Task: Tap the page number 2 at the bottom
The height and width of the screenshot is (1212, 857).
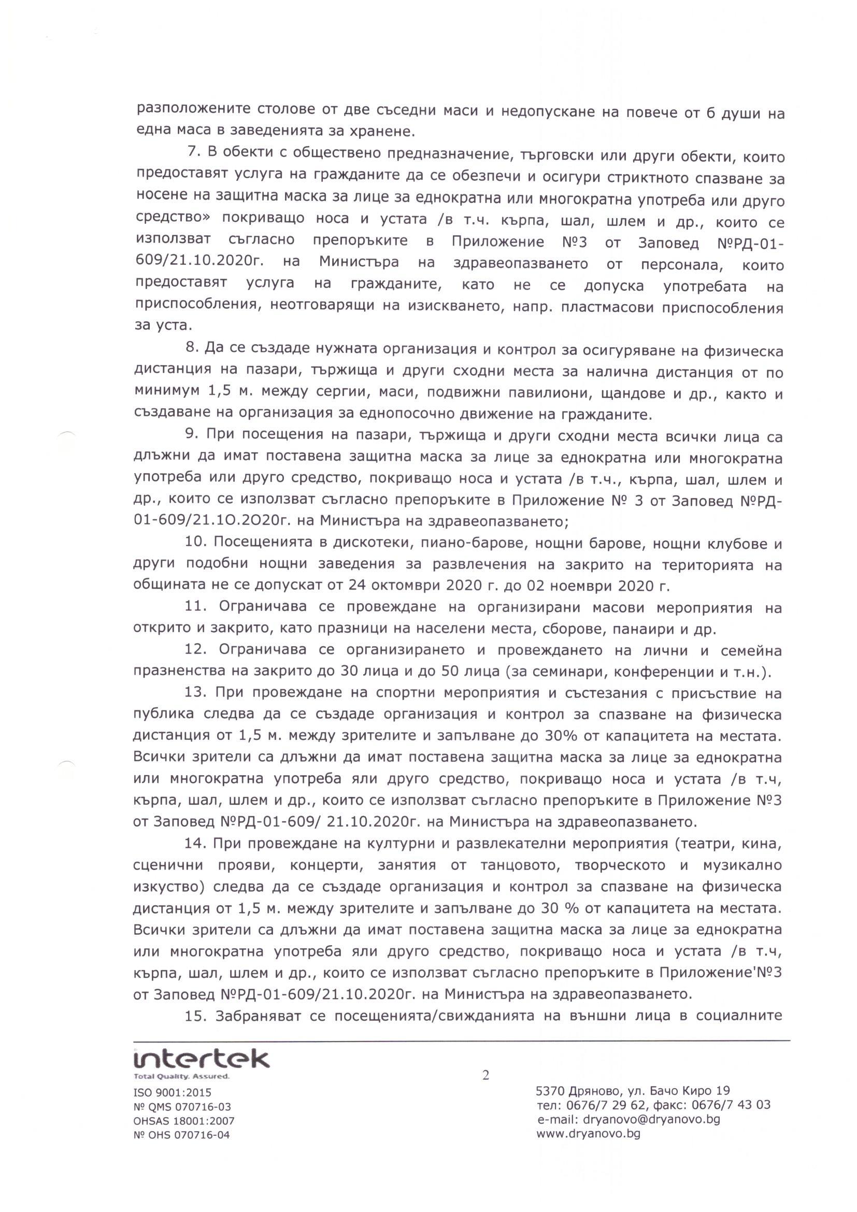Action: coord(485,1075)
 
